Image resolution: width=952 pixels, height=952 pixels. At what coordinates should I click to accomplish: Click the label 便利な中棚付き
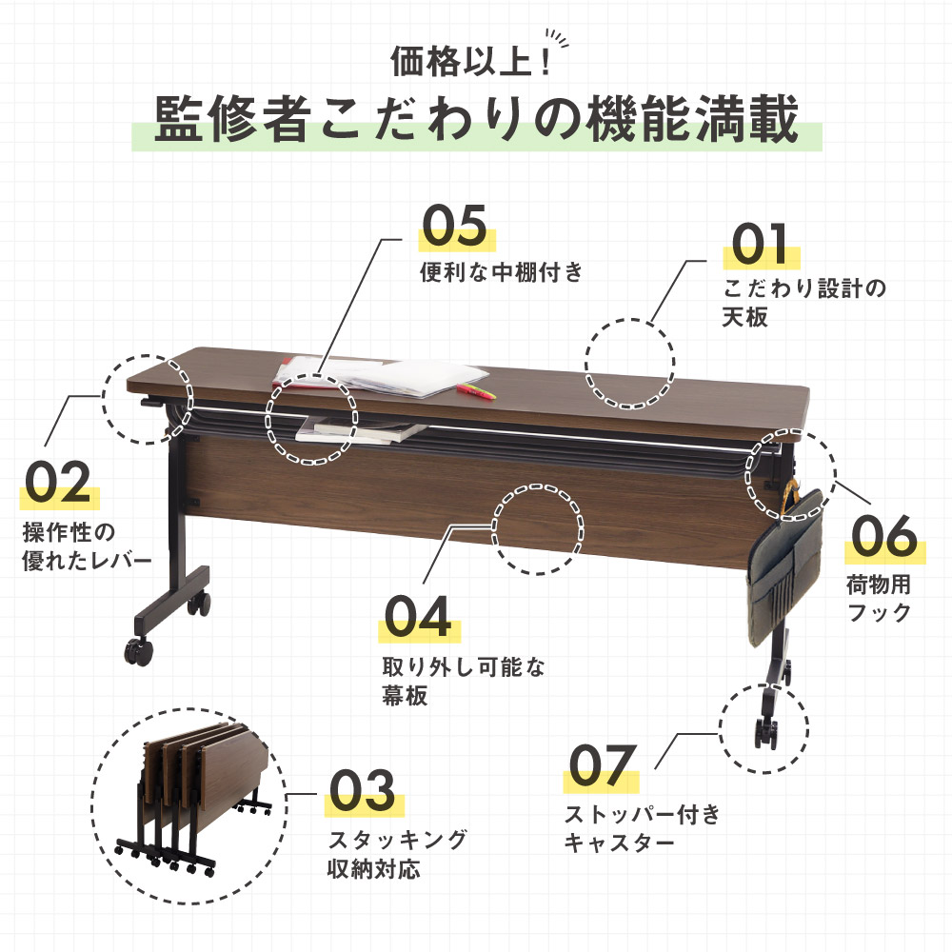pyautogui.click(x=501, y=273)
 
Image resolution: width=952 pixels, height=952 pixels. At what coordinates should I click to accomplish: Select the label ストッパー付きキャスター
pyautogui.click(x=642, y=828)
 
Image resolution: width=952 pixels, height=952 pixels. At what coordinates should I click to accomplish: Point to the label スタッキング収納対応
pyautogui.click(x=398, y=855)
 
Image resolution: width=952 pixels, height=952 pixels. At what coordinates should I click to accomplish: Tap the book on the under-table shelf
pyautogui.click(x=352, y=429)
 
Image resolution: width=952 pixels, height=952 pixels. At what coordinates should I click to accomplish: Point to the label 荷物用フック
pyautogui.click(x=878, y=597)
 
